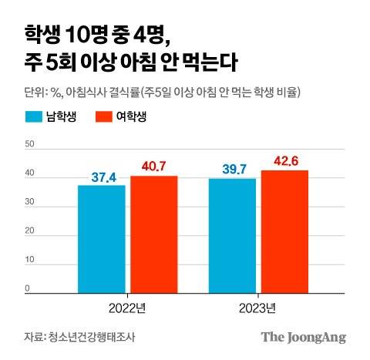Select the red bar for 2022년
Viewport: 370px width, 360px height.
point(153,234)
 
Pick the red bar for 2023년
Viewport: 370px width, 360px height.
point(284,231)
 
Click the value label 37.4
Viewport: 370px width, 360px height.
point(103,177)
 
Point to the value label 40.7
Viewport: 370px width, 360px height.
point(154,167)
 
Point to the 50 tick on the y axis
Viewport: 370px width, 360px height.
point(29,144)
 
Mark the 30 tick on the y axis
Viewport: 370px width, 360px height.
point(29,203)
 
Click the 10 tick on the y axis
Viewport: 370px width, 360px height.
point(29,261)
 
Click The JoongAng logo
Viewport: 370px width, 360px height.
point(303,337)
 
